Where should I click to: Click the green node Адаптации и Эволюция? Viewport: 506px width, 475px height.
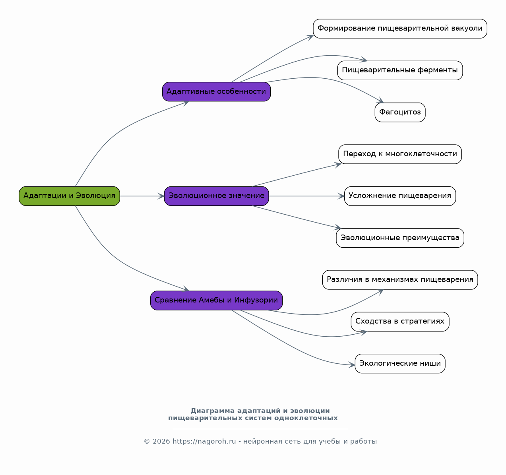69,196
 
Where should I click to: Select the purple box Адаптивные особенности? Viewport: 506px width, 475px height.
216,91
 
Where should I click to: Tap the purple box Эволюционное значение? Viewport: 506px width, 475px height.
216,196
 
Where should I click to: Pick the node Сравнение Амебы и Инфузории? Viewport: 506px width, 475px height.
216,301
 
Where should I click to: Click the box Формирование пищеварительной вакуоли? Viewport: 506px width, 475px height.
400,29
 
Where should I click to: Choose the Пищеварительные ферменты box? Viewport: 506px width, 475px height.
400,70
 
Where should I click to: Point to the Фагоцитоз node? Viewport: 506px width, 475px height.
400,112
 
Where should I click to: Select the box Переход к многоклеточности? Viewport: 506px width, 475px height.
400,154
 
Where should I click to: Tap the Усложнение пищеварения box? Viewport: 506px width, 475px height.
400,196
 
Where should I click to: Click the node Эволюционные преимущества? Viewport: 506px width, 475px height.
400,238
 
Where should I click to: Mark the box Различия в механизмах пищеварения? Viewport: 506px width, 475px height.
400,280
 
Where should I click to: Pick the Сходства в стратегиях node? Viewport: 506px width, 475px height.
400,322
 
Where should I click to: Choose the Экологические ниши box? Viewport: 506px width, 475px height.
400,363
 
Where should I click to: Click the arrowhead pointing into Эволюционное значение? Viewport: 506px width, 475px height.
161,196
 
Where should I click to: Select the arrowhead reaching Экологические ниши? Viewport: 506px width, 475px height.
352,365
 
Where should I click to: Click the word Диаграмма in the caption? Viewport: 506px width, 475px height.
213,411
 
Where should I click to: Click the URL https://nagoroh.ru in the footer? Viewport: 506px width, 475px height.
204,442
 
